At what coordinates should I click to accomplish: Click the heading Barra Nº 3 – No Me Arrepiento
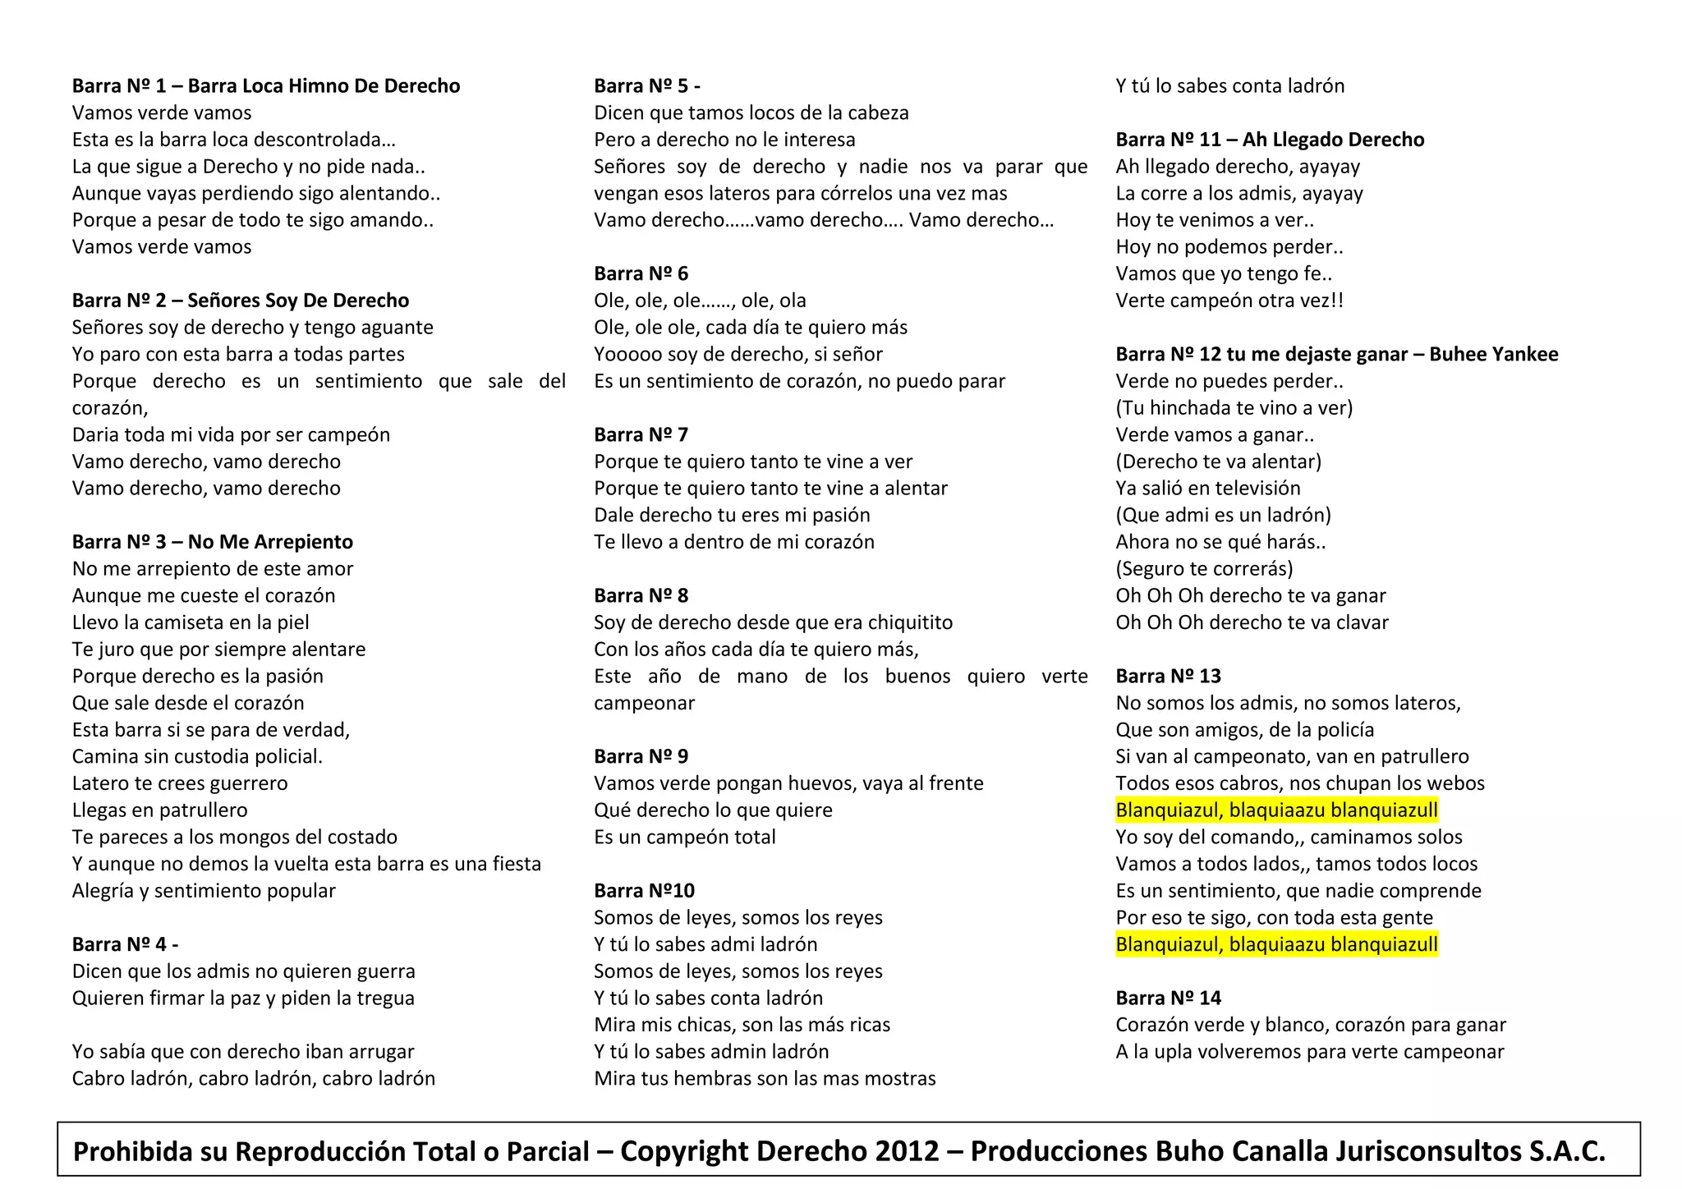[212, 542]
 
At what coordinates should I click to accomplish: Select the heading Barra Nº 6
[641, 273]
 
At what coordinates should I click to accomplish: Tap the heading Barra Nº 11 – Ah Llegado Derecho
[1269, 140]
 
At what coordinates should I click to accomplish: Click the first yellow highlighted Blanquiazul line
[1276, 810]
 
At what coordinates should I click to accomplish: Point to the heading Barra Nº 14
[1168, 998]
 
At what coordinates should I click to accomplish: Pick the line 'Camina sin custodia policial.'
[197, 756]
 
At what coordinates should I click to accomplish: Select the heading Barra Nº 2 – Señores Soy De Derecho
[240, 301]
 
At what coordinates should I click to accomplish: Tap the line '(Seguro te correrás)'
[1204, 568]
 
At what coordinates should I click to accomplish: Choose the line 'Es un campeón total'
[684, 837]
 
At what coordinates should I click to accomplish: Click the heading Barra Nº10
[644, 890]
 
